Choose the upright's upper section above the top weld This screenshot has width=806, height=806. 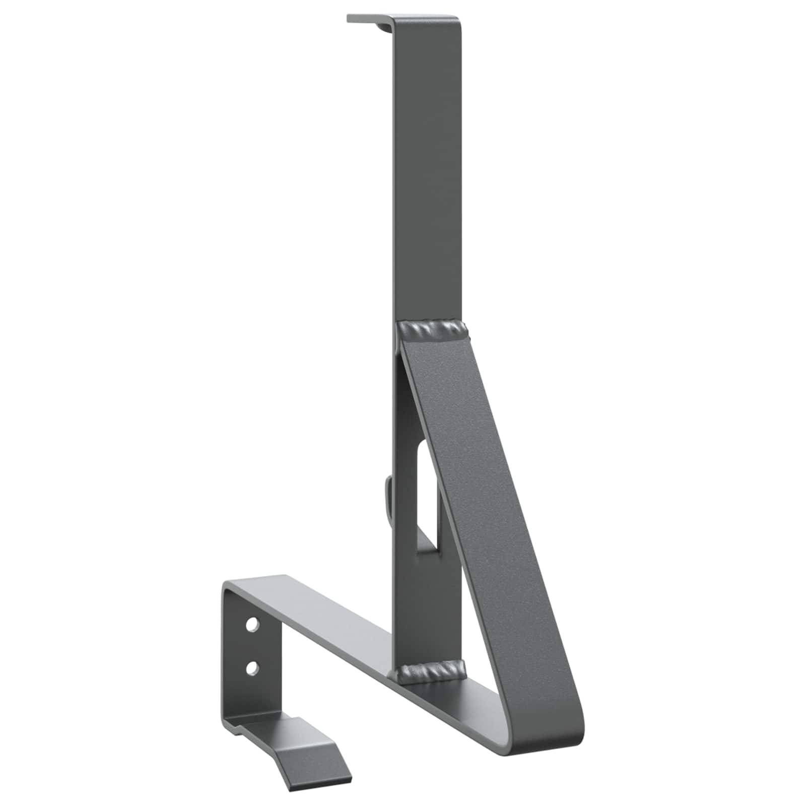point(428,176)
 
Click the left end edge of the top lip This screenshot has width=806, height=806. point(348,19)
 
